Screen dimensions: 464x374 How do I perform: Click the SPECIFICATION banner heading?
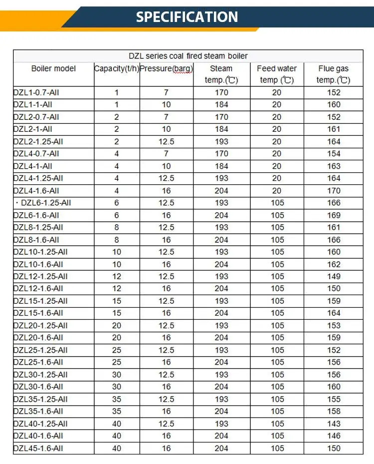tap(187, 17)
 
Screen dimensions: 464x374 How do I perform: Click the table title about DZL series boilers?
tap(187, 56)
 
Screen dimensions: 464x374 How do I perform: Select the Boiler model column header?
tap(53, 68)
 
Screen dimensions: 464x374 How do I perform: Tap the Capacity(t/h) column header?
tap(117, 68)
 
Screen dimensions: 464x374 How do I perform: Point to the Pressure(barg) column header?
tap(166, 68)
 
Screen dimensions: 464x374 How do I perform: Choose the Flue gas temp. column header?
tap(333, 74)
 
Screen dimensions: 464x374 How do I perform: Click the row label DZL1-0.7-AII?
tap(36, 92)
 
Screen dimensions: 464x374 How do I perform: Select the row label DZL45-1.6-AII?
tap(38, 448)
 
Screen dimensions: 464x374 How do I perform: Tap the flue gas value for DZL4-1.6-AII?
tap(334, 190)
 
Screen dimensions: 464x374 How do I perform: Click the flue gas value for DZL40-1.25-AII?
tap(334, 424)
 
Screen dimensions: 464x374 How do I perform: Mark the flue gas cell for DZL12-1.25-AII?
tap(334, 276)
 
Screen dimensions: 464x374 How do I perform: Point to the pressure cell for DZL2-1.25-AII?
tap(166, 141)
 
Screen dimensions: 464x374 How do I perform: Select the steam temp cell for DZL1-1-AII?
tap(221, 104)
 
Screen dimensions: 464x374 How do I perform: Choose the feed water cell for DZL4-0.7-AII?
tap(277, 154)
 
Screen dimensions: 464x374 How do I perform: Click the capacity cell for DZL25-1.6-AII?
tap(117, 362)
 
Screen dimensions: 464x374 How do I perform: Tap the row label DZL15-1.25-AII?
tap(40, 301)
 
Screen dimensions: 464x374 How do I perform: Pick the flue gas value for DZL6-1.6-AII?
tap(334, 215)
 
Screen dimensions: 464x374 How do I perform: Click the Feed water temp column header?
tap(277, 74)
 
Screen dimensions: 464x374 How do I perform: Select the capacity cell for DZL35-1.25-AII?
tap(117, 399)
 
